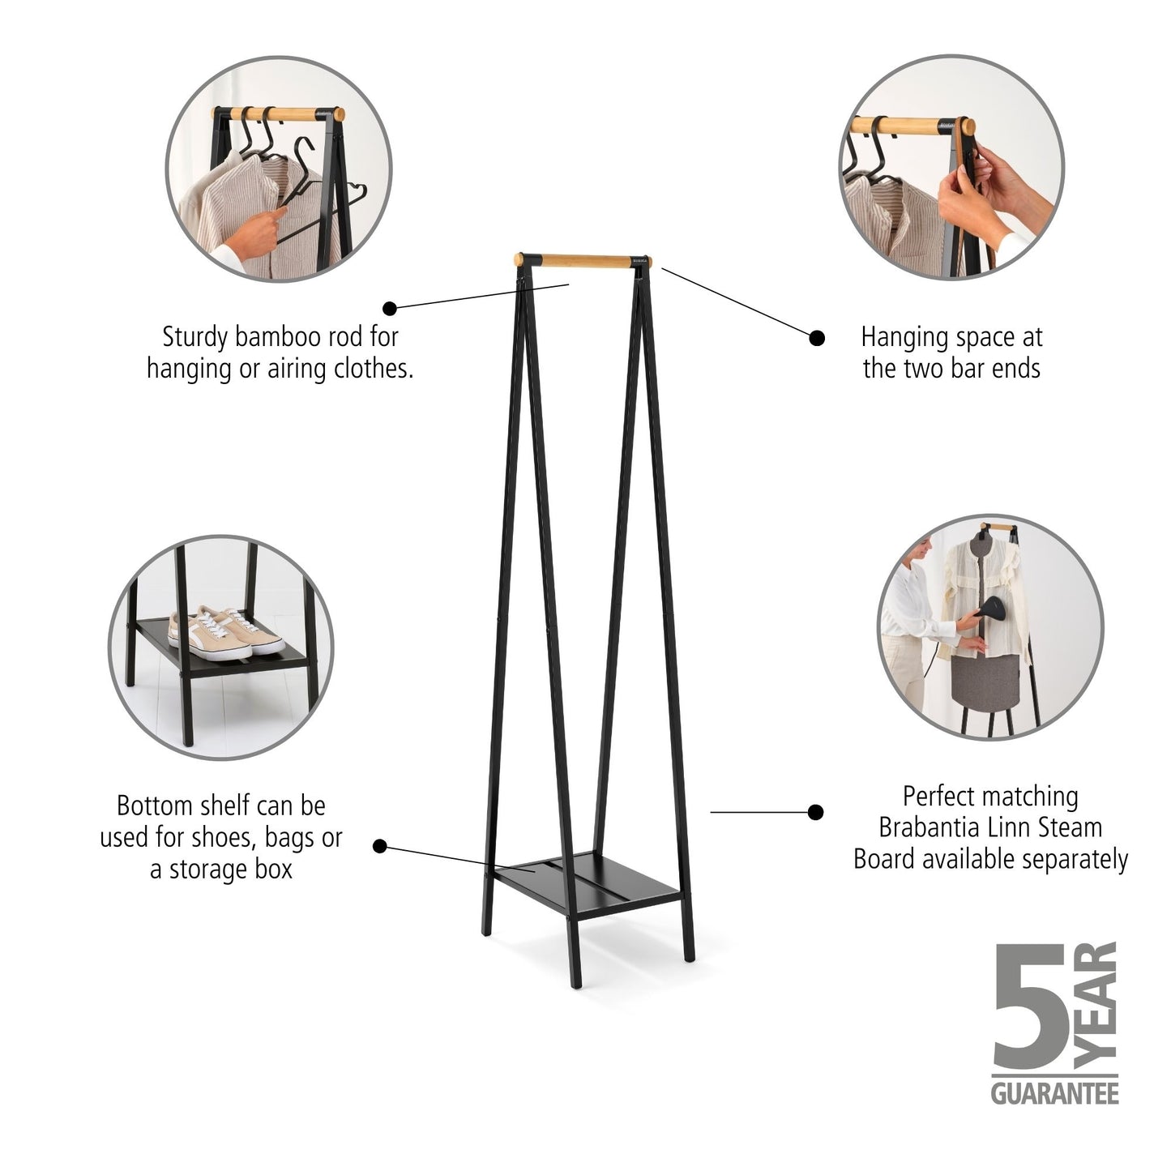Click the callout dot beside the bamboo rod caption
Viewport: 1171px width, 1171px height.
pyautogui.click(x=390, y=308)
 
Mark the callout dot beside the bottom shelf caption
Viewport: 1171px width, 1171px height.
pyautogui.click(x=379, y=846)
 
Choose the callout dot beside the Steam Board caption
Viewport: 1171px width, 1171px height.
pyautogui.click(x=816, y=811)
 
